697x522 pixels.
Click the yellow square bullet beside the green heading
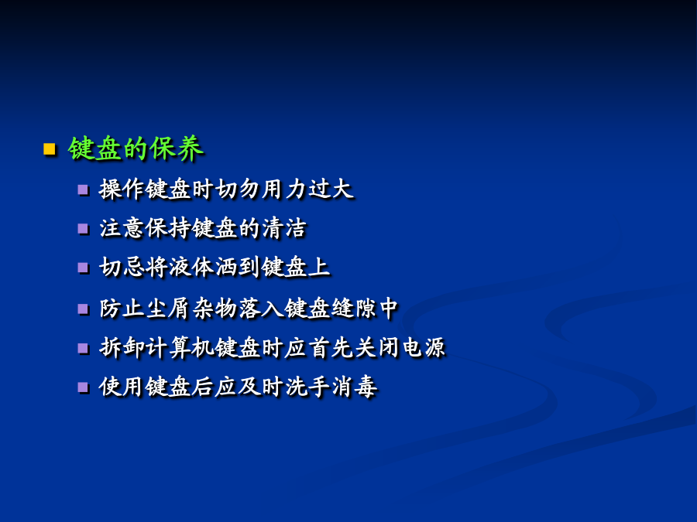click(49, 148)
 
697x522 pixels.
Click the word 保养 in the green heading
click(177, 148)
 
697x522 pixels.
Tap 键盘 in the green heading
click(94, 148)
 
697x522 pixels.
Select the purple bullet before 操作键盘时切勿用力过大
click(83, 190)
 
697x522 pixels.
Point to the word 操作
click(122, 189)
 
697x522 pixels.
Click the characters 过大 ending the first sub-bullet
click(331, 189)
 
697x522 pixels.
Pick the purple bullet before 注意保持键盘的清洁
click(83, 229)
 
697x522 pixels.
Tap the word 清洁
click(284, 229)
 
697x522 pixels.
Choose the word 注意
click(122, 229)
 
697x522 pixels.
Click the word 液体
click(191, 268)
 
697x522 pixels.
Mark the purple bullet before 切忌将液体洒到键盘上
click(83, 268)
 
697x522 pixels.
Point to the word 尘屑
click(168, 309)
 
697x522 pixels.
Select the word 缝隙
click(354, 309)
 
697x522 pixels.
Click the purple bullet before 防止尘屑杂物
click(83, 309)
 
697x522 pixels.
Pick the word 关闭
click(377, 347)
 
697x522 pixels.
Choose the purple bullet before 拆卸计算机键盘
click(83, 348)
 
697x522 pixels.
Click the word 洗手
click(307, 387)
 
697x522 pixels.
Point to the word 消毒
click(354, 387)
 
